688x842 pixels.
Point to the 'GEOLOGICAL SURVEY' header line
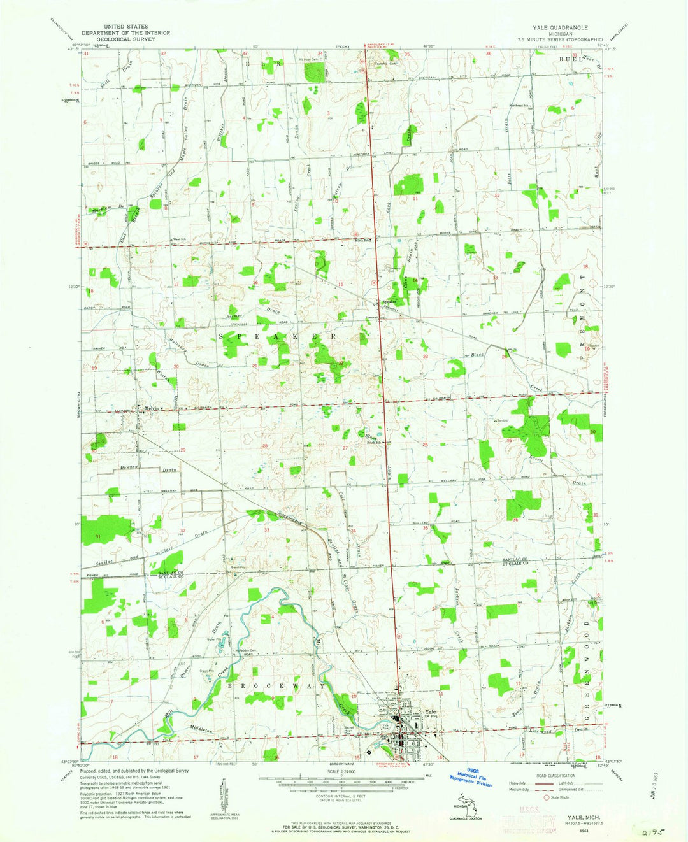click(122, 39)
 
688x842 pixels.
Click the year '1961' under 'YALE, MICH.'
click(581, 832)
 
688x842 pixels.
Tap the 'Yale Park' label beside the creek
click(385, 725)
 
